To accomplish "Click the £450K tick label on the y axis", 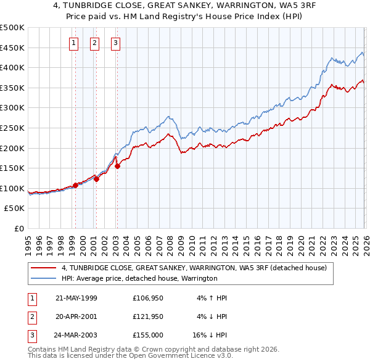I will point(13,48).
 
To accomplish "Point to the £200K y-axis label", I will point(13,148).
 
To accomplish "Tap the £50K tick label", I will point(15,209).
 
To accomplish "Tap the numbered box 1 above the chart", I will point(74,43).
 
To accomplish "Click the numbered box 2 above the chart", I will point(94,43).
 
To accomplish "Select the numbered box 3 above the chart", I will point(116,43).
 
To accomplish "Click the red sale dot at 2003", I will point(117,166).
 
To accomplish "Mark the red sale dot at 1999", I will point(75,185).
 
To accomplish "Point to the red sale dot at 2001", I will point(96,180).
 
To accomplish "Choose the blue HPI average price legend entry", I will point(139,278).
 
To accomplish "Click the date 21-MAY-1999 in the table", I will point(76,298).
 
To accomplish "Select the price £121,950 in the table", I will point(148,316).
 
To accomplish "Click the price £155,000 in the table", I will point(148,335).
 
